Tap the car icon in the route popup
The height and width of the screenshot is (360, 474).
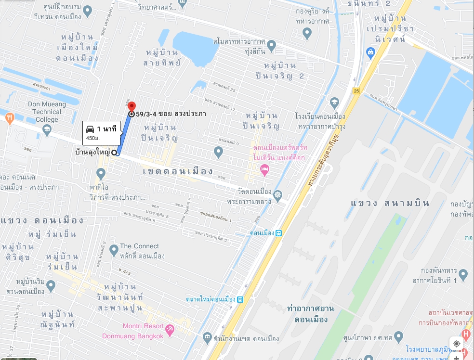point(90,129)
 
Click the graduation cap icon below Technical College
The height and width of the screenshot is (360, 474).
point(47,129)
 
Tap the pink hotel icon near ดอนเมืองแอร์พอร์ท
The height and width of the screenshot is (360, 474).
point(264,169)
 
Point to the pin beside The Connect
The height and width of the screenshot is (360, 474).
point(114,250)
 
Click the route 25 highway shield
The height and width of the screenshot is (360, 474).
point(356,90)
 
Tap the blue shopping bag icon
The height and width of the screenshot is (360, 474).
point(370,52)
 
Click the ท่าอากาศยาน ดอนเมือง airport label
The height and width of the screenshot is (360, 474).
point(311,313)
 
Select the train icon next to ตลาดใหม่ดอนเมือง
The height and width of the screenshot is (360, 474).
point(240,299)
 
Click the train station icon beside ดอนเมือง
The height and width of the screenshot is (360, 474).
point(278,233)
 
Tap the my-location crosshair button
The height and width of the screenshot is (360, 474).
point(456,343)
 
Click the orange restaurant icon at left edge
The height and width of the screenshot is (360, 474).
point(9,119)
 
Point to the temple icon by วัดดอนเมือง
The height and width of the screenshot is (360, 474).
point(277,195)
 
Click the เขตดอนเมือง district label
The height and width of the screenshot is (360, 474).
point(178,171)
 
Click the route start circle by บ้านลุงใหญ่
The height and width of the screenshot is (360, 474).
point(114,153)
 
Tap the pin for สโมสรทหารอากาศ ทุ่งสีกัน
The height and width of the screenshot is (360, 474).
point(271,46)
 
